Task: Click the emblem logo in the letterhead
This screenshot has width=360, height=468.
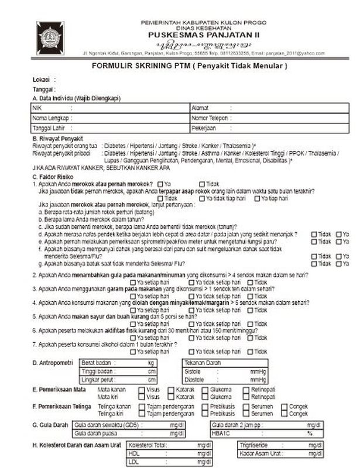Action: point(50,38)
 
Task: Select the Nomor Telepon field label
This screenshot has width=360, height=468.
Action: point(210,118)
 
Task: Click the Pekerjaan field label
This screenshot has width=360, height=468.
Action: point(203,128)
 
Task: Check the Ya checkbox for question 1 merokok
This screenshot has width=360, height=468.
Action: point(160,184)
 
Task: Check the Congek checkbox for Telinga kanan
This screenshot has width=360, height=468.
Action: point(284,406)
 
